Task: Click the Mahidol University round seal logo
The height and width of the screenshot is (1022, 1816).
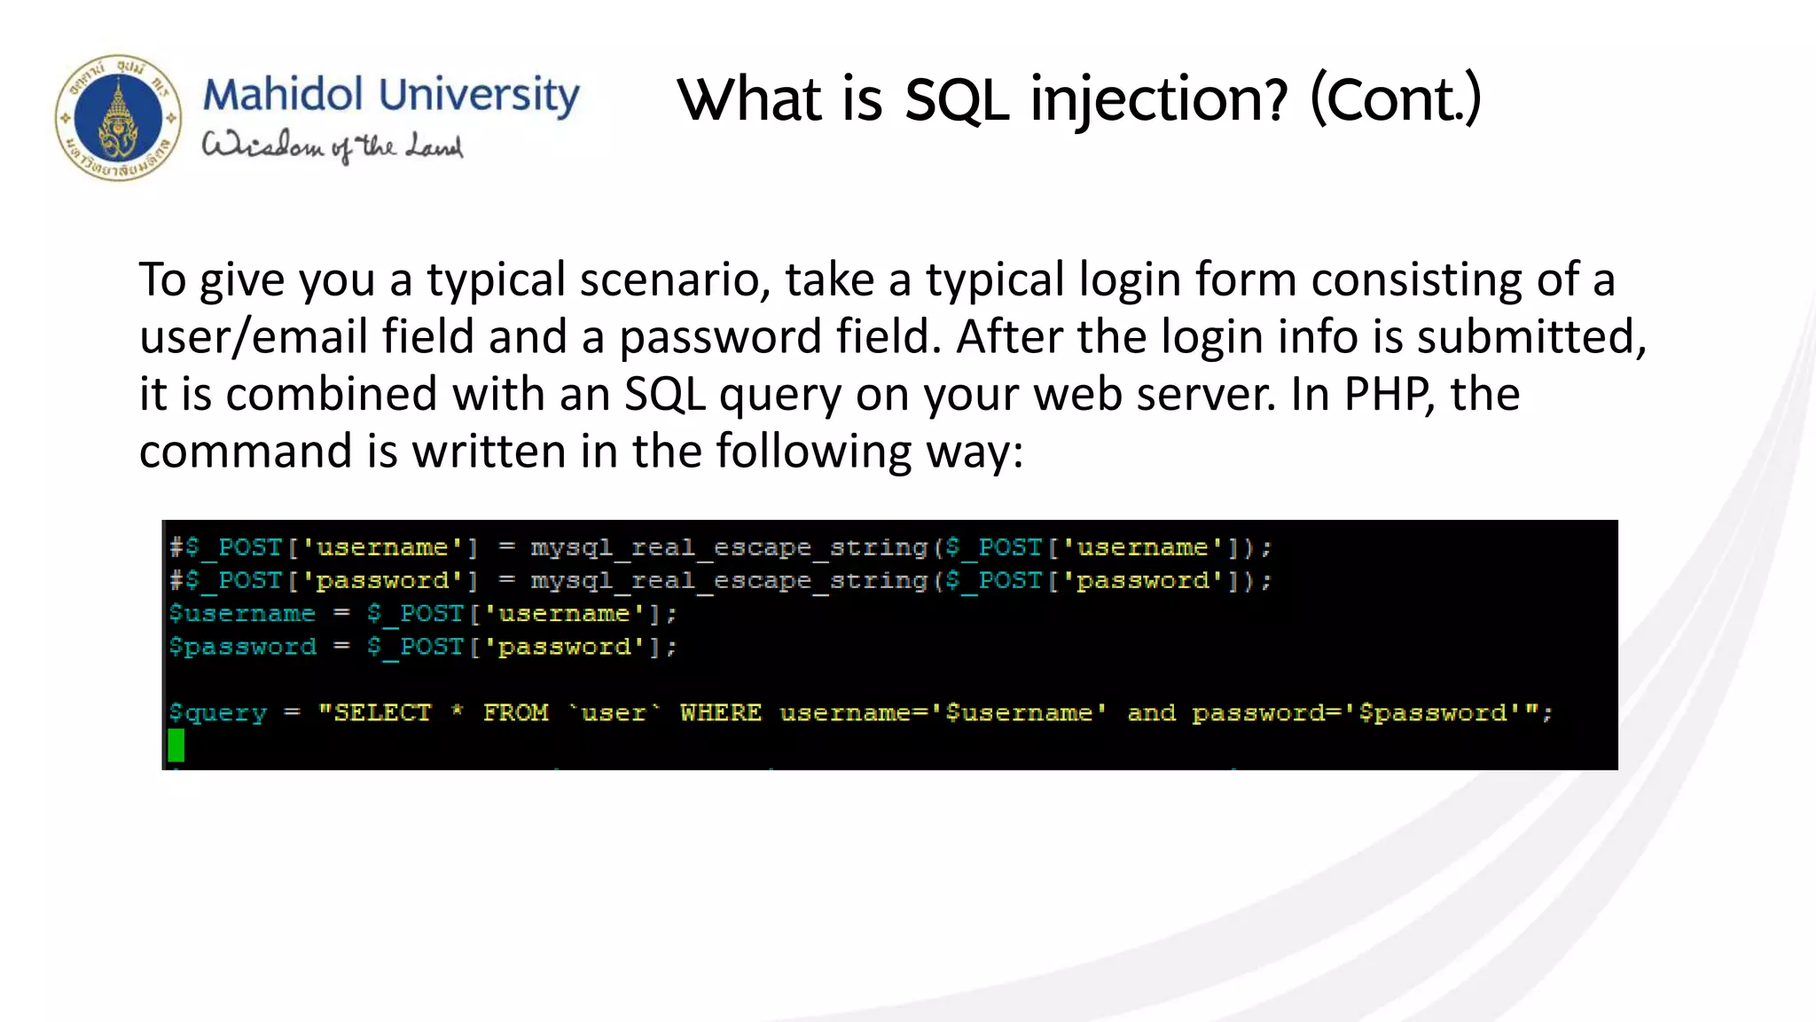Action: (x=119, y=118)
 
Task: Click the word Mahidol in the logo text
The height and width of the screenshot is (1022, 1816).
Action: (x=283, y=95)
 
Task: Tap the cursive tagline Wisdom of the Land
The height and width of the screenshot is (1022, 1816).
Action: (x=333, y=146)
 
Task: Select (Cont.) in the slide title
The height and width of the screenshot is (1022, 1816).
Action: (x=1396, y=99)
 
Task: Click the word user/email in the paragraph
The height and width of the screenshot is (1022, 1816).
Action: (x=254, y=338)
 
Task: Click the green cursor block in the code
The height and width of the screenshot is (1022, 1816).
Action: (x=176, y=745)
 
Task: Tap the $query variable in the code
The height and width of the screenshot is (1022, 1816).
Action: (x=218, y=713)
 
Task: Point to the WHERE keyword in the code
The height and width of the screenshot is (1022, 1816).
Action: (x=720, y=713)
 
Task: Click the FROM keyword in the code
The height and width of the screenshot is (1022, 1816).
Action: (x=516, y=713)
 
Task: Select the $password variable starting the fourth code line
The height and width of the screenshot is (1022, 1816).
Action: (x=242, y=647)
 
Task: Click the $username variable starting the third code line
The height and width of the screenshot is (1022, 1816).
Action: (x=242, y=614)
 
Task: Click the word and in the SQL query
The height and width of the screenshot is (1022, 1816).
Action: (x=1151, y=713)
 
